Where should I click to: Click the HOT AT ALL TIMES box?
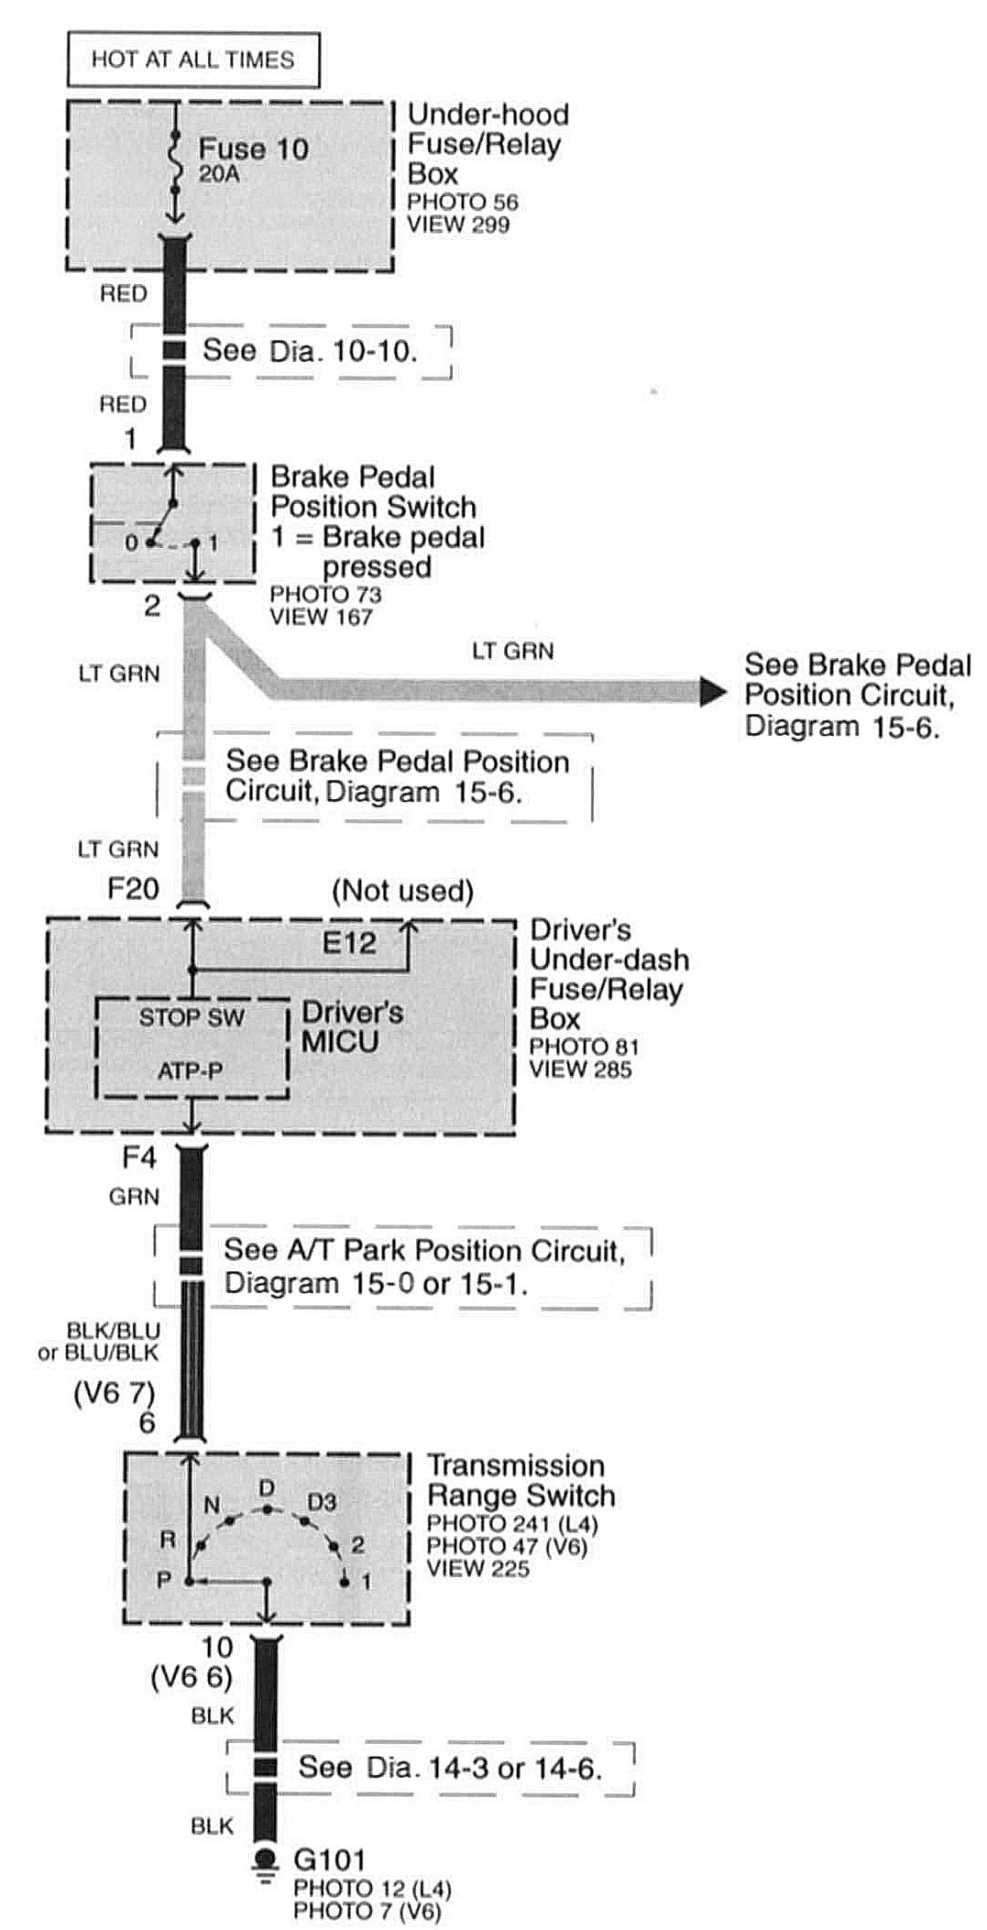[x=192, y=60]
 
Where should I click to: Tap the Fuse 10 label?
[x=253, y=148]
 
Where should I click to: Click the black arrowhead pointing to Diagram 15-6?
[x=713, y=692]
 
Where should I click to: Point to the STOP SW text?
[x=192, y=1017]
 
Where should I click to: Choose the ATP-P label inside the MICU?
[x=190, y=1070]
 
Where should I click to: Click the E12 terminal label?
[x=349, y=942]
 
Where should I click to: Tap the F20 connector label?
[x=133, y=888]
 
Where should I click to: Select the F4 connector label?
[x=139, y=1157]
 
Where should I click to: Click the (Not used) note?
[x=402, y=891]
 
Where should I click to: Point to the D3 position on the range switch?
[x=322, y=1502]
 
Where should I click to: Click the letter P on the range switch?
[x=164, y=1581]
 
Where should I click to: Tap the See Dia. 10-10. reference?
[x=310, y=351]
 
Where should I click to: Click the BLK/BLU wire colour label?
[x=114, y=1330]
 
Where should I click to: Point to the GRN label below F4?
[x=134, y=1196]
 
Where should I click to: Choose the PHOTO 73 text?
[x=325, y=594]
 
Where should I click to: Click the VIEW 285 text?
[x=580, y=1069]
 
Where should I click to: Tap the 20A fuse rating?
[x=219, y=173]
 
